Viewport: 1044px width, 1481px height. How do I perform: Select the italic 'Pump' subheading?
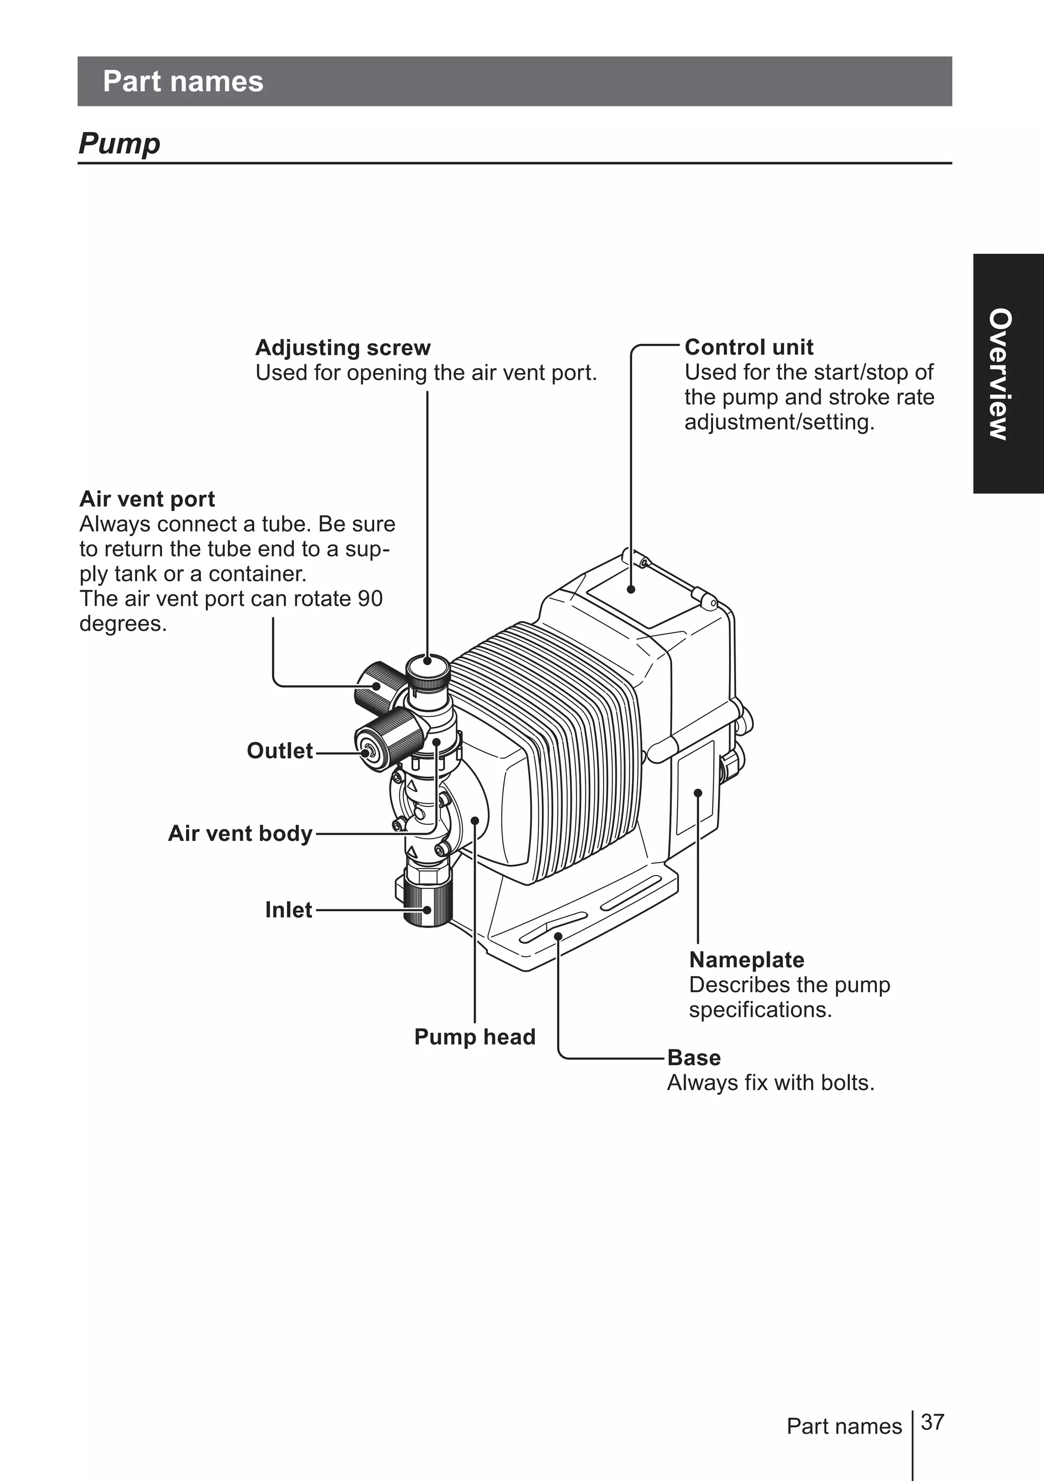tap(119, 143)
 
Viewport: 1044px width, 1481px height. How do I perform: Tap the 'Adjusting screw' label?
tap(342, 348)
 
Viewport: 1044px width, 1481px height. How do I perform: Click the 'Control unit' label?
tap(748, 347)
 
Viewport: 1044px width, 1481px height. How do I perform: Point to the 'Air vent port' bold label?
tap(147, 498)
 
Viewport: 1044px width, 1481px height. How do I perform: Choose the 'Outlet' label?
tap(279, 750)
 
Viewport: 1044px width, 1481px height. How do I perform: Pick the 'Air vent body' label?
tap(240, 833)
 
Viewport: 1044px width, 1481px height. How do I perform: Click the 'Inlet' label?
tap(289, 910)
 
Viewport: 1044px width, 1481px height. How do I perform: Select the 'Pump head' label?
tap(475, 1036)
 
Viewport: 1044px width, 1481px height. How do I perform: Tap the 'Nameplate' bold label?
tap(746, 959)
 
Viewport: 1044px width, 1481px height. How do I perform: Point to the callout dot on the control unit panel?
tap(631, 588)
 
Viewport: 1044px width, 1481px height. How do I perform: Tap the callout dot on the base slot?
tap(558, 935)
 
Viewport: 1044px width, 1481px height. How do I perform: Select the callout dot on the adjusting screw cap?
tap(427, 660)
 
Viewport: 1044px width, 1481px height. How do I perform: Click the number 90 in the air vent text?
tap(371, 599)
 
